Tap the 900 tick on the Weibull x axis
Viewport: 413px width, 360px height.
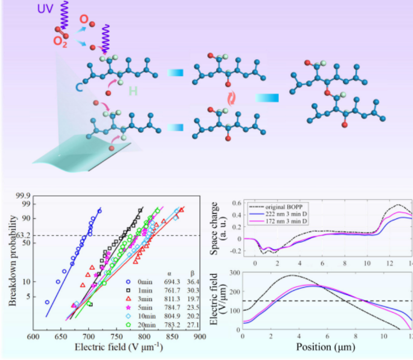(x=199, y=337)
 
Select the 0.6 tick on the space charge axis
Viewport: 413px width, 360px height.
(x=235, y=202)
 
